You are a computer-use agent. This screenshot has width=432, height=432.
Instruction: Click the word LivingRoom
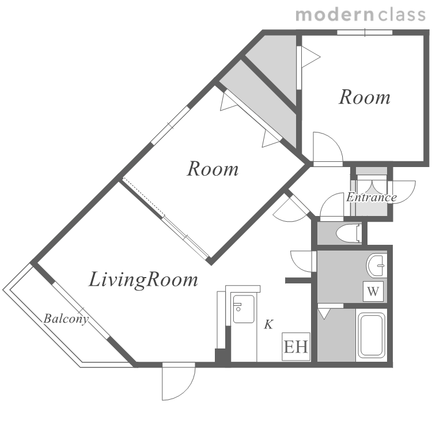point(143,279)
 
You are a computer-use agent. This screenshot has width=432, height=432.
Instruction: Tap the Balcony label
point(66,319)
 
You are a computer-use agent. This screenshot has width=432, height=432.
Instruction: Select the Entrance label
point(372,197)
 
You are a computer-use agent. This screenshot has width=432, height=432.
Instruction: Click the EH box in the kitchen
point(296,347)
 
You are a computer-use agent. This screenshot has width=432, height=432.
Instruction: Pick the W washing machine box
point(373,291)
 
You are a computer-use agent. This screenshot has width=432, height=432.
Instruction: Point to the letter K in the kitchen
point(268,324)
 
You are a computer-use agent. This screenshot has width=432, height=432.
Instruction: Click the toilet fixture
point(349,234)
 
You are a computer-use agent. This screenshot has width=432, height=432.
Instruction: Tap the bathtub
point(372,335)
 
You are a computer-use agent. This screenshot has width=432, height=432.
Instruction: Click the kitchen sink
point(244,309)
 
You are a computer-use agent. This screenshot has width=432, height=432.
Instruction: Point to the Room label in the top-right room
point(365,97)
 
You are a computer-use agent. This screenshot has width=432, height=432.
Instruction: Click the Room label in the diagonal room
point(213,169)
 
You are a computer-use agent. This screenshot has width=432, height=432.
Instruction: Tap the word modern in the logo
point(334,14)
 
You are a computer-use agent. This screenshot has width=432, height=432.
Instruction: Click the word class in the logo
point(402,14)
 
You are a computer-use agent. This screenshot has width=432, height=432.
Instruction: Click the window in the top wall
point(365,32)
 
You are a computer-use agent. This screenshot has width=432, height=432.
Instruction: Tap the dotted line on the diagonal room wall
point(143,197)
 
